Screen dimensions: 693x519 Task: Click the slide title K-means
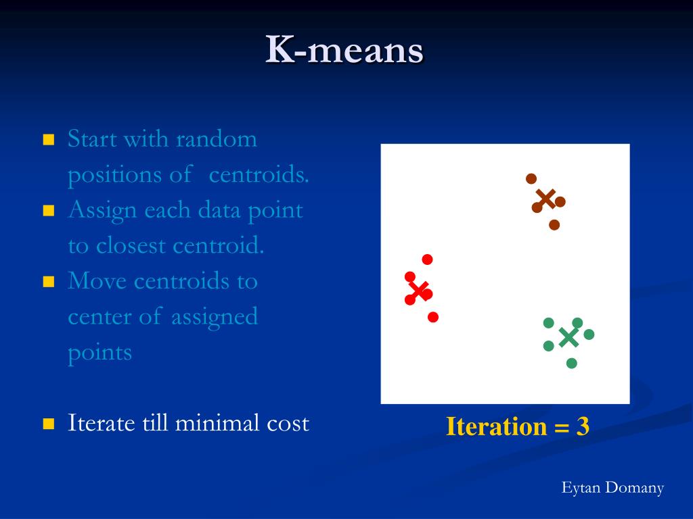click(x=344, y=49)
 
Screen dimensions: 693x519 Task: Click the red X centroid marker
click(x=418, y=291)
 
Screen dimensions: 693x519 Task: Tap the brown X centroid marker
click(x=546, y=199)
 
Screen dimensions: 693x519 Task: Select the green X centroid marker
click(x=568, y=338)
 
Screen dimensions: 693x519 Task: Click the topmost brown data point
click(x=531, y=178)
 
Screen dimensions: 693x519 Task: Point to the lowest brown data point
click(x=554, y=225)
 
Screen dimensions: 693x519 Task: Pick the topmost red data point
click(x=427, y=259)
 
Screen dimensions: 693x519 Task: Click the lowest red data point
click(x=433, y=317)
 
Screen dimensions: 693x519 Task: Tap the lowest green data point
click(x=571, y=363)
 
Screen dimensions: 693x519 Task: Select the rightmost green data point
click(x=589, y=335)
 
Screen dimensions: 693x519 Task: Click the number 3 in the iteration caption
click(x=583, y=426)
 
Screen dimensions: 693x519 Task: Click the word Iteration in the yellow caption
click(x=496, y=426)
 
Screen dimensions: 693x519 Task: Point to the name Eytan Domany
click(x=612, y=488)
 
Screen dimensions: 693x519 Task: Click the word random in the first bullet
click(x=216, y=139)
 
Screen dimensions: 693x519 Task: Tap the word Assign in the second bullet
click(x=102, y=211)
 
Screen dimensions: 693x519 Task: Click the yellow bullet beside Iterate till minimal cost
click(x=49, y=424)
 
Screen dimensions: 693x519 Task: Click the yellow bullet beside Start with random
click(x=49, y=140)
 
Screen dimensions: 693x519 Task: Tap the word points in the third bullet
click(x=100, y=353)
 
